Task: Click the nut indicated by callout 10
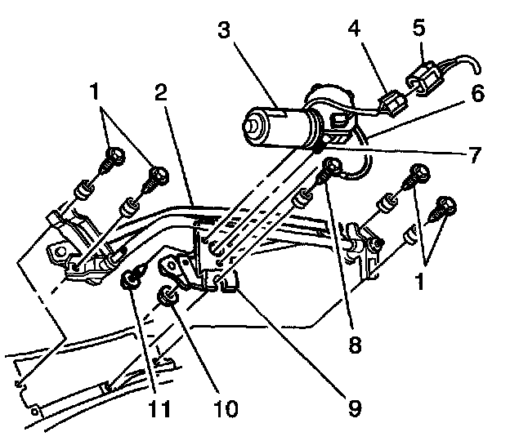pos(165,296)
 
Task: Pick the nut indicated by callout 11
pos(130,282)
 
